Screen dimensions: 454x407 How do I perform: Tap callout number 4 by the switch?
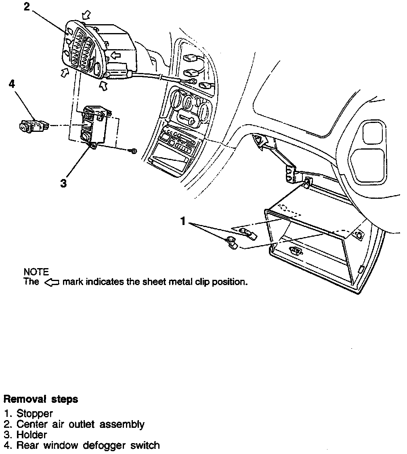(12, 84)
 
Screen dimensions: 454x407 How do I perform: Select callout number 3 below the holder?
(63, 183)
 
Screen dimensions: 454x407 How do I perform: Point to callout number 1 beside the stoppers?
(183, 221)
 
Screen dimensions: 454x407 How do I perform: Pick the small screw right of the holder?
(134, 151)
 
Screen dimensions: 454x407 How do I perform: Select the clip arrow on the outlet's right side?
(116, 54)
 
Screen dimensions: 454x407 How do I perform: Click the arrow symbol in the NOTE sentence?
(52, 282)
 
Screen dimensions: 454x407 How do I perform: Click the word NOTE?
(36, 272)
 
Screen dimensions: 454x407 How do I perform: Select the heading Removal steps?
(41, 399)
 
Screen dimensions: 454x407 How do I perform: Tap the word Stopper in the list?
(35, 414)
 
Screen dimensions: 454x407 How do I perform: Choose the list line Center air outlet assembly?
(80, 424)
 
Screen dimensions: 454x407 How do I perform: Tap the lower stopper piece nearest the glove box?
(232, 242)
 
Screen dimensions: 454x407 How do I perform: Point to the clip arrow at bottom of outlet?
(104, 85)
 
